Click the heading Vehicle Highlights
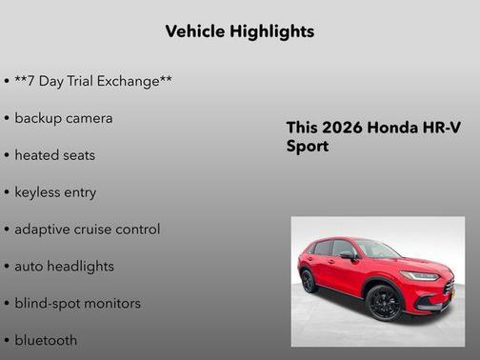(239, 31)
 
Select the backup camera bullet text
(64, 118)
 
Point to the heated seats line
(55, 155)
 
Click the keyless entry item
(55, 192)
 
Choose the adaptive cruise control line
(88, 230)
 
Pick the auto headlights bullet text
(64, 267)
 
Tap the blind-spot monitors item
(77, 304)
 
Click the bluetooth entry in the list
(46, 340)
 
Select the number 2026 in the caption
(336, 129)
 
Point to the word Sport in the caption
(307, 147)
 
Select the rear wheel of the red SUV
(309, 281)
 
